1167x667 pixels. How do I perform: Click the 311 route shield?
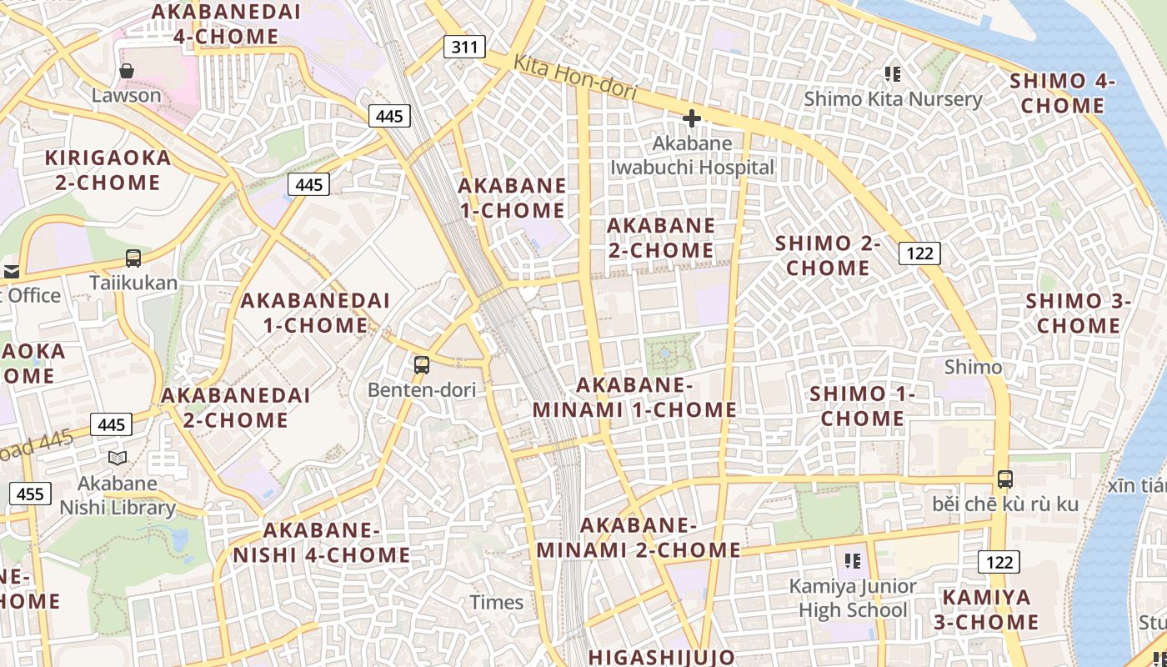(464, 46)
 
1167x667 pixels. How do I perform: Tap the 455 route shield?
(30, 494)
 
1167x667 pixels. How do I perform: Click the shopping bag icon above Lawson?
(127, 71)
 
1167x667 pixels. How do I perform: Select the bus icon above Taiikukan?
(133, 258)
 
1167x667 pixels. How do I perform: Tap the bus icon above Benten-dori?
(422, 364)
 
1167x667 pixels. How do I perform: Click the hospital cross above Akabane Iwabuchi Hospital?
(692, 119)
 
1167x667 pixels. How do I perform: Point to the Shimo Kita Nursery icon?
(893, 74)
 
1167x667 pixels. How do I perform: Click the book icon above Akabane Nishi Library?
(118, 458)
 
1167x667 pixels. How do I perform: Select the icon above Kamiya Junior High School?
(852, 560)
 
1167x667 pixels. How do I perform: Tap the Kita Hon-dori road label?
(574, 78)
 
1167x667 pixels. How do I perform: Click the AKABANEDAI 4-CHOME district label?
(226, 24)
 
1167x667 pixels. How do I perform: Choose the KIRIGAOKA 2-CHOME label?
(108, 170)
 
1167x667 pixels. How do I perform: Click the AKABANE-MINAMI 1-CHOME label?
(634, 398)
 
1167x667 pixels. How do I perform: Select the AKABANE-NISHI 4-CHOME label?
(322, 543)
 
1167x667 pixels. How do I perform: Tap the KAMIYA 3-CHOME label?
(991, 609)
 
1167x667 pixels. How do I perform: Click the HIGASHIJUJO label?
(661, 657)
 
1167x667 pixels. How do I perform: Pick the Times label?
(497, 602)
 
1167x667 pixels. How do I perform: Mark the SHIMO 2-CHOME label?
(828, 256)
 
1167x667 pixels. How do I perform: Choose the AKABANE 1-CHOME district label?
(512, 198)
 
